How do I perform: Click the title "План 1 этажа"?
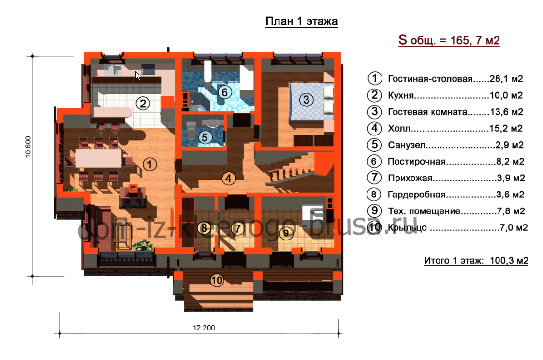point(301,21)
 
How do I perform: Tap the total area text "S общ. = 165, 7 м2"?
point(449,40)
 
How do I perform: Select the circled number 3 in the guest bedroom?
point(306,100)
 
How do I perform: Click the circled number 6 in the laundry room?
point(224,92)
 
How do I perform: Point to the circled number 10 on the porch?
point(217,280)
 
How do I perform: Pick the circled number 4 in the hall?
point(228,179)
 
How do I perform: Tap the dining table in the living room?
point(99,158)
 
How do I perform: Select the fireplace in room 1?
point(132,196)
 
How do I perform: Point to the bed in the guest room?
point(311,101)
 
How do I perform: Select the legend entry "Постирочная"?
point(417,162)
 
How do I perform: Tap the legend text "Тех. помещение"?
point(424,211)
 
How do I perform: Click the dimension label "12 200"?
point(204,328)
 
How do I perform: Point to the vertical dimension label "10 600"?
point(28,147)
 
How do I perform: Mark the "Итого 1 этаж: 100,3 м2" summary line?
point(476,260)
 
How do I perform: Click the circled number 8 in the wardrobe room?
point(205,227)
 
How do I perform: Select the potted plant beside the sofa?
point(143,245)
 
